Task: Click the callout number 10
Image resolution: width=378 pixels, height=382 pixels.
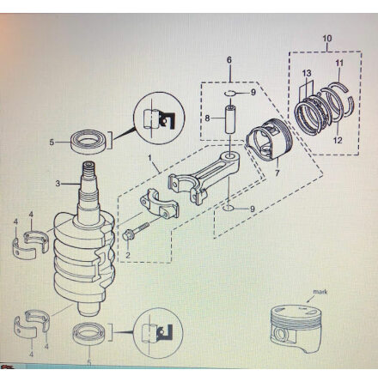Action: pyautogui.click(x=327, y=39)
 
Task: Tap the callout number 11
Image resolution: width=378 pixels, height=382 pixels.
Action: pyautogui.click(x=339, y=64)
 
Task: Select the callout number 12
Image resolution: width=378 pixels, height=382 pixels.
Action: pyautogui.click(x=338, y=140)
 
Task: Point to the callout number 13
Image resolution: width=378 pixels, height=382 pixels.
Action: pyautogui.click(x=307, y=73)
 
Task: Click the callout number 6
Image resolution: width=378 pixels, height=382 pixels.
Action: pyautogui.click(x=229, y=60)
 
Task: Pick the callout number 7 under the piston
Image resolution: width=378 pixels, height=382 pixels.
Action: pyautogui.click(x=277, y=173)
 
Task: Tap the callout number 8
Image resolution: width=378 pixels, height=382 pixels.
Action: pyautogui.click(x=207, y=118)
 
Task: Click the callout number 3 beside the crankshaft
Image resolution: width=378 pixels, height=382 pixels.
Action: pyautogui.click(x=58, y=184)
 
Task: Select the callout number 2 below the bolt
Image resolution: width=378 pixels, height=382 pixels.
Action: pyautogui.click(x=128, y=255)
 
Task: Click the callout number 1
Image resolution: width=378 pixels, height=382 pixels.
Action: pyautogui.click(x=149, y=157)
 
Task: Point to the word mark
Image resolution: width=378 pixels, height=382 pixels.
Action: pyautogui.click(x=320, y=292)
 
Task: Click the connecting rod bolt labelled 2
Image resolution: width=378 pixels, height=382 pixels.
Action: pyautogui.click(x=135, y=231)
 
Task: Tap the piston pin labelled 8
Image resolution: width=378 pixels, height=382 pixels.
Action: pyautogui.click(x=231, y=119)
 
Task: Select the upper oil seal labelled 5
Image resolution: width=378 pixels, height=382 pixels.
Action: pyautogui.click(x=89, y=141)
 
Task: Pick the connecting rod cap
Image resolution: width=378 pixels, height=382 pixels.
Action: pyautogui.click(x=158, y=203)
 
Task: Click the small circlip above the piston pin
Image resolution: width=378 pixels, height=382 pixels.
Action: pyautogui.click(x=229, y=93)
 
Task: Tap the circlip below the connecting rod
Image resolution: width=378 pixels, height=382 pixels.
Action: pyautogui.click(x=229, y=209)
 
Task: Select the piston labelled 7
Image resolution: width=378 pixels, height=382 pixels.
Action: pyautogui.click(x=270, y=138)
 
